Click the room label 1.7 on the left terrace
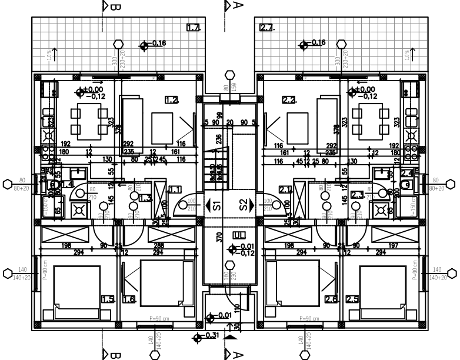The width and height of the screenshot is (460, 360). [193, 27]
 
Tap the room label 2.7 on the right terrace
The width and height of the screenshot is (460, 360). [267, 27]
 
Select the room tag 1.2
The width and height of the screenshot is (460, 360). [171, 99]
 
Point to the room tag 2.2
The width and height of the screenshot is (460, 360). [289, 99]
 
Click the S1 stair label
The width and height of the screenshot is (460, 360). [216, 205]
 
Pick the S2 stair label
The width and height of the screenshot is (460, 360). [243, 205]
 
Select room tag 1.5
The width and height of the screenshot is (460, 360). [108, 299]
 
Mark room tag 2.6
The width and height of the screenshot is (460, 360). [331, 299]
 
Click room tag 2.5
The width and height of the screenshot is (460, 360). [352, 299]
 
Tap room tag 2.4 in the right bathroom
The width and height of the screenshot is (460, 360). [407, 173]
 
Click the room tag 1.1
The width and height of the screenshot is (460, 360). [175, 189]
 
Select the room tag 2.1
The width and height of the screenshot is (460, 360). [285, 189]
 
